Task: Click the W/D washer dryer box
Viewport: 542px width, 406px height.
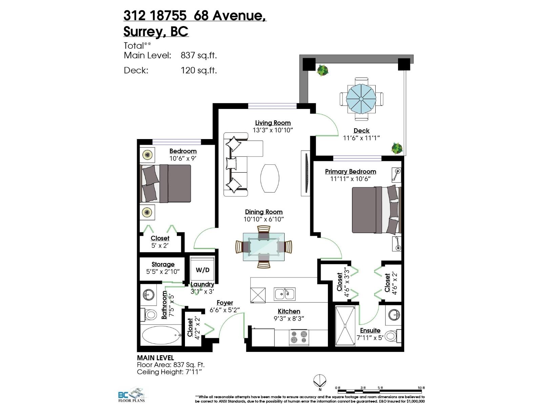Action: pos(202,269)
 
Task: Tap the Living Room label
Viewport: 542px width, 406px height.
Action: pos(273,123)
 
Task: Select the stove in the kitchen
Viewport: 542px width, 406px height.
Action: pos(299,337)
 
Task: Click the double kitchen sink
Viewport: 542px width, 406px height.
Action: pos(285,294)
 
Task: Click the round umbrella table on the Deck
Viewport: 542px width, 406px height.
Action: pos(361,99)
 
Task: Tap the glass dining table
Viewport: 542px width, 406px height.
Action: pos(264,247)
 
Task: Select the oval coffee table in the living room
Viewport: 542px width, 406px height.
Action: pos(270,178)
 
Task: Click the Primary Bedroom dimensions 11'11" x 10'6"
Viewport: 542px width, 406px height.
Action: pos(351,179)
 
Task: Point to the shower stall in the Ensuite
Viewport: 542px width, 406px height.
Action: pos(345,325)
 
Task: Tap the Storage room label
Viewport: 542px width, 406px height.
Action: pos(163,264)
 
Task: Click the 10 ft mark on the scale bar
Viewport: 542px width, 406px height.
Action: pos(421,388)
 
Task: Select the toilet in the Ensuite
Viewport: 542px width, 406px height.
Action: pos(392,336)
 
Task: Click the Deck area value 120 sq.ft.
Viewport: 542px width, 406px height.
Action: pos(199,70)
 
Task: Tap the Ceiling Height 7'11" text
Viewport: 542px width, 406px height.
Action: pos(169,372)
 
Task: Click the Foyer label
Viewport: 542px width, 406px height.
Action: pos(225,303)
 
